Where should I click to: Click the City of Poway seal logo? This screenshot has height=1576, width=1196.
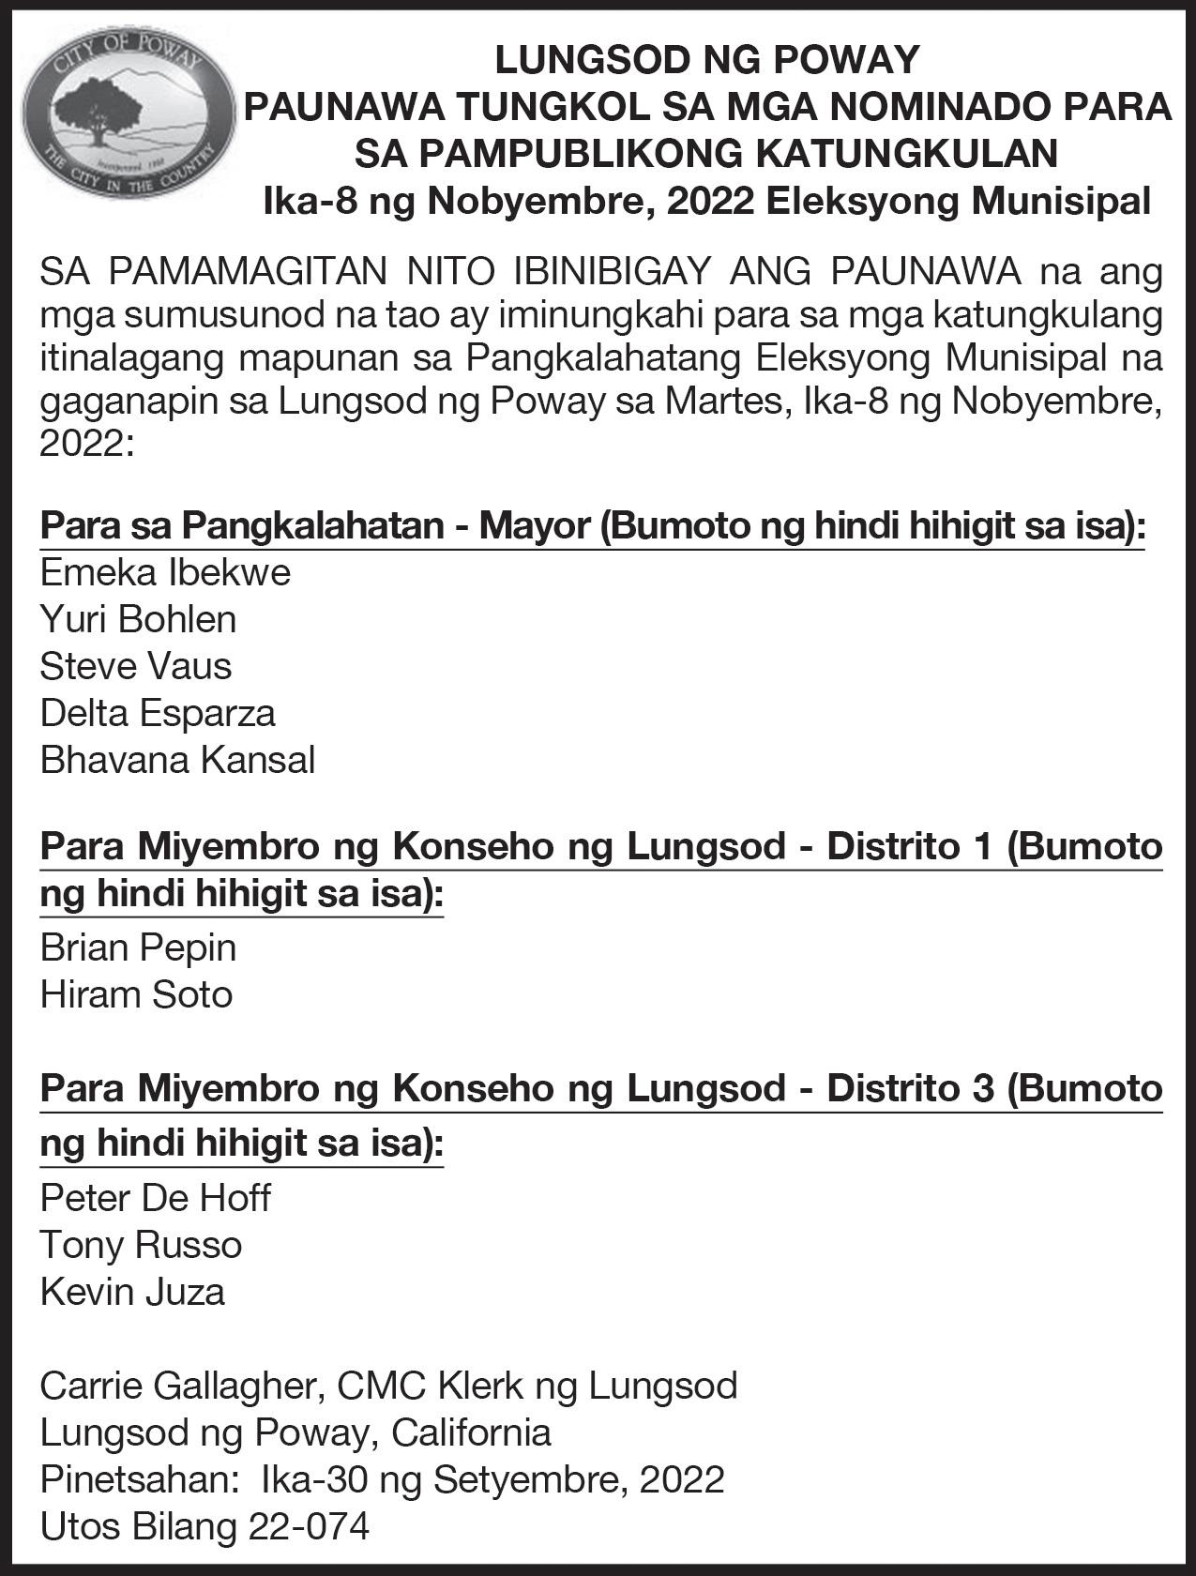(x=129, y=111)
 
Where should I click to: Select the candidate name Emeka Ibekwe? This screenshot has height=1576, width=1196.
(x=165, y=572)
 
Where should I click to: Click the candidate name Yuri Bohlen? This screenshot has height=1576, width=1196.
(x=138, y=619)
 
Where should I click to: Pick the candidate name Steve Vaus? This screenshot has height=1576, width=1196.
(x=135, y=666)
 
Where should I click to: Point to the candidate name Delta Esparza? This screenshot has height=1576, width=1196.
(x=158, y=713)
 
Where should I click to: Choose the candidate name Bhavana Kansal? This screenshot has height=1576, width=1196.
(x=177, y=760)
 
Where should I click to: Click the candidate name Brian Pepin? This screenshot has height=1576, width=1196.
(x=138, y=947)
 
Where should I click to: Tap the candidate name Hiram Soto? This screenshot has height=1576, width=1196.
(x=136, y=994)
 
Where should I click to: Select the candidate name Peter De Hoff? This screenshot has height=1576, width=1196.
(x=155, y=1198)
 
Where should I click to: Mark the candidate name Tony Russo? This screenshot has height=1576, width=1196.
(x=141, y=1245)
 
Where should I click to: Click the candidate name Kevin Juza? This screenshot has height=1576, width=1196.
(x=132, y=1292)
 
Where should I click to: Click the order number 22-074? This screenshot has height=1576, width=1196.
(x=309, y=1526)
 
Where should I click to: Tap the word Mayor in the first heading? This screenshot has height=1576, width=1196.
(x=534, y=525)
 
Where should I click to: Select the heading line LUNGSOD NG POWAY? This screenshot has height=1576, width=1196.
(x=706, y=60)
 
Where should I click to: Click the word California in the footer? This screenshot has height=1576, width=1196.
(x=471, y=1432)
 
